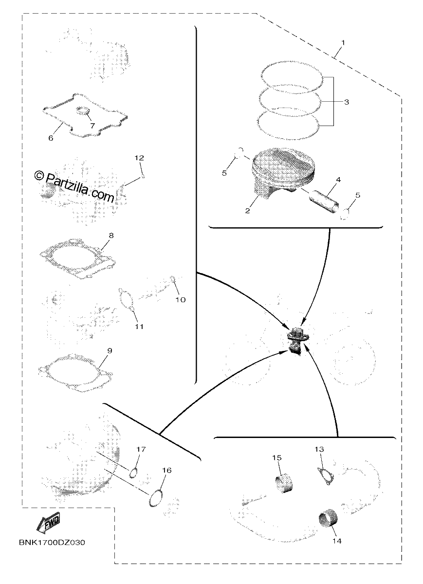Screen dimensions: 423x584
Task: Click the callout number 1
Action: pyautogui.click(x=343, y=42)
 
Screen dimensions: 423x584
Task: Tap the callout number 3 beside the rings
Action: pyautogui.click(x=346, y=102)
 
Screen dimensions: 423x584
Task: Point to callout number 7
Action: pyautogui.click(x=92, y=126)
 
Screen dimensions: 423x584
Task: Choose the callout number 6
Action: pyautogui.click(x=51, y=138)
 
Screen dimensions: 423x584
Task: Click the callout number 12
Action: pyautogui.click(x=139, y=158)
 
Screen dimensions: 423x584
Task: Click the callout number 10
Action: pyautogui.click(x=180, y=300)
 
